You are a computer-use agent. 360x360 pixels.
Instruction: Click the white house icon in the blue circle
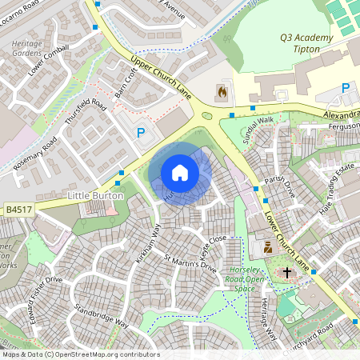180,173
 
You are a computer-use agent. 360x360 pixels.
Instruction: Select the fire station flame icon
222,92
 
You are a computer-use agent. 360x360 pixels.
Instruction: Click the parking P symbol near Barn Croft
142,134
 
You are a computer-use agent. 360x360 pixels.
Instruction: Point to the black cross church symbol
286,273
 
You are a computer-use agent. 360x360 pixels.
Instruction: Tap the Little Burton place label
95,195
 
